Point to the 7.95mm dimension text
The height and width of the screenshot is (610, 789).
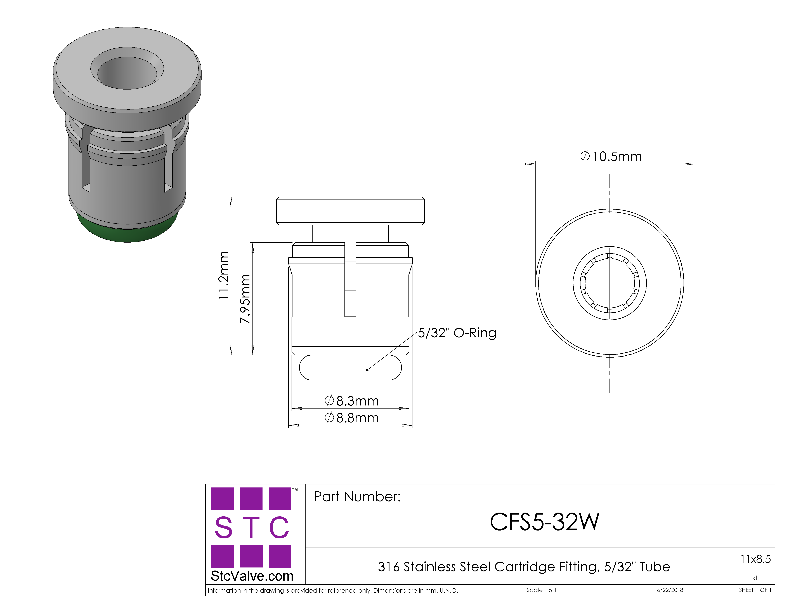click(245, 299)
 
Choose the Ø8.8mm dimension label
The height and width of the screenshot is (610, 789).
click(351, 418)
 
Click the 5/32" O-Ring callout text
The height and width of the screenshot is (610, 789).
click(457, 333)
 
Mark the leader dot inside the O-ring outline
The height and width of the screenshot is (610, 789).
click(367, 370)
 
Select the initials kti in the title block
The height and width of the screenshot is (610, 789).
click(755, 578)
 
